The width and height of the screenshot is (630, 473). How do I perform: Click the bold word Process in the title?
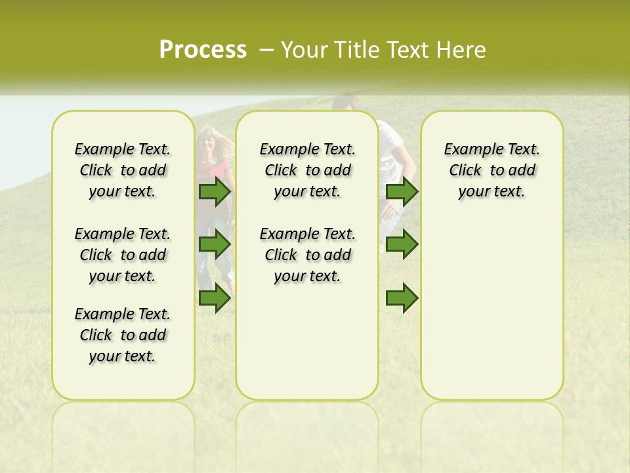203,50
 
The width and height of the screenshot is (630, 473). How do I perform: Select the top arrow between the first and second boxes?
215,192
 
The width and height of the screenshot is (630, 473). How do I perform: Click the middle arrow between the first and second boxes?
215,245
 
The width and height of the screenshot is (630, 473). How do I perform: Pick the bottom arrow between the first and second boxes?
215,298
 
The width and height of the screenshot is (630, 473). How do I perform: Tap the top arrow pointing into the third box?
402,192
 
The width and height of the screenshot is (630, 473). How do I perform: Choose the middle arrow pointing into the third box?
402,245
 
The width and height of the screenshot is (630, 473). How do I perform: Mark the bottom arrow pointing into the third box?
402,298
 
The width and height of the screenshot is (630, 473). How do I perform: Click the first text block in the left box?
123,170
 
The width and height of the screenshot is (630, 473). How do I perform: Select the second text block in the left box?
123,255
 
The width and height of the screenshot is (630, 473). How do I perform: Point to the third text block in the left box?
123,335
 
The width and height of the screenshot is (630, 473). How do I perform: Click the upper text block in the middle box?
307,170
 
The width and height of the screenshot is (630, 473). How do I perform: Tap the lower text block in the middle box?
307,255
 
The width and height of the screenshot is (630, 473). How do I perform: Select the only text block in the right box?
492,170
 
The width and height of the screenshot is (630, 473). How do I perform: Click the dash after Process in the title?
266,50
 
